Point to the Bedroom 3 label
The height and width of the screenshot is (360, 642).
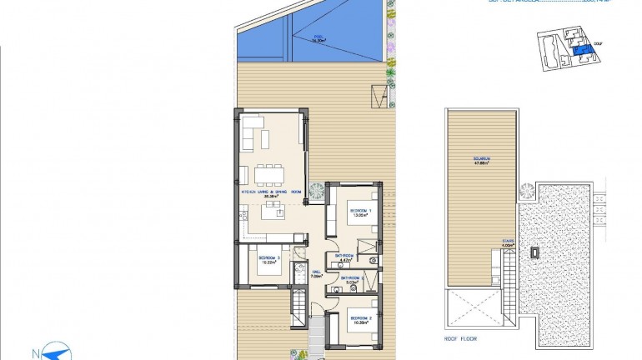pos(268,260)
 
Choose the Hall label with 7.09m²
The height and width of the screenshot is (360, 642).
pos(316,273)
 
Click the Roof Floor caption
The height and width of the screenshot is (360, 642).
pos(461,340)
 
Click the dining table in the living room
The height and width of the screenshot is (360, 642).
pos(268,172)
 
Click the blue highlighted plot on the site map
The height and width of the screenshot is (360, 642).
pos(580,52)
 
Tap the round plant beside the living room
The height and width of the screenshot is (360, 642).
pos(316,192)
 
